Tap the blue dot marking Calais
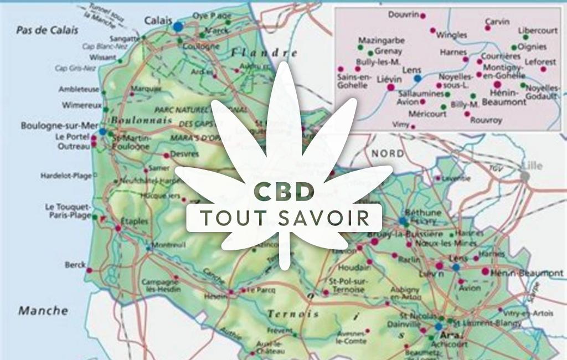178,25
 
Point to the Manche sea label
43,311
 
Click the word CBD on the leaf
284,191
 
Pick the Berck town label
75,265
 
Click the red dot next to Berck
89,270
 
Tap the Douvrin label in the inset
404,14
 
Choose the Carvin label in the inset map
497,22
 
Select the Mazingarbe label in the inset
381,40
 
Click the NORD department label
387,153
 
